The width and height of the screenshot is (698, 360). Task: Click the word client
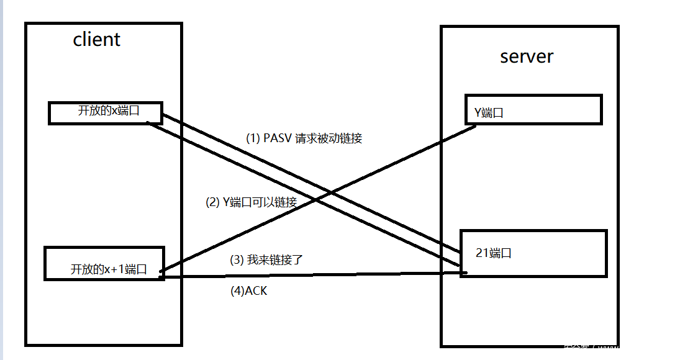[96, 40]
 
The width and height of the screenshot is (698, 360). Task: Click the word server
[527, 56]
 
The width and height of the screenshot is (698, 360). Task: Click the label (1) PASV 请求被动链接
[304, 138]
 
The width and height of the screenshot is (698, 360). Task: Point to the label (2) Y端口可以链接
[251, 202]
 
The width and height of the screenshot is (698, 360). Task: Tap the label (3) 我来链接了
[266, 260]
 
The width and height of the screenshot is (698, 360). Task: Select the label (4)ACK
[248, 290]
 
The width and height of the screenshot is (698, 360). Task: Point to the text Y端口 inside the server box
[489, 113]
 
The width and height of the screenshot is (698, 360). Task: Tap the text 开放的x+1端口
[109, 269]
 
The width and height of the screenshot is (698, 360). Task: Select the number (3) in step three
[237, 260]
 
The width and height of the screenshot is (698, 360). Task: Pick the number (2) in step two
[212, 202]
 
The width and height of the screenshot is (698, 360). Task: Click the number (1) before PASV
[253, 138]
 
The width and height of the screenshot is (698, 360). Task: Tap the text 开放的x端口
[108, 110]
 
